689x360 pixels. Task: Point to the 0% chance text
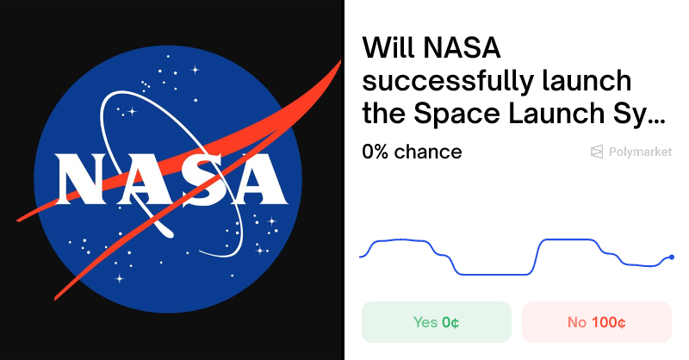tap(412, 152)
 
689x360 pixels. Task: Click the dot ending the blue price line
tap(672, 257)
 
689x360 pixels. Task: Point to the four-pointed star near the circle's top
tap(195, 69)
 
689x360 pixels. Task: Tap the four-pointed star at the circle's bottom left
tap(119, 278)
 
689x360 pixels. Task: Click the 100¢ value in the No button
tap(608, 322)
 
